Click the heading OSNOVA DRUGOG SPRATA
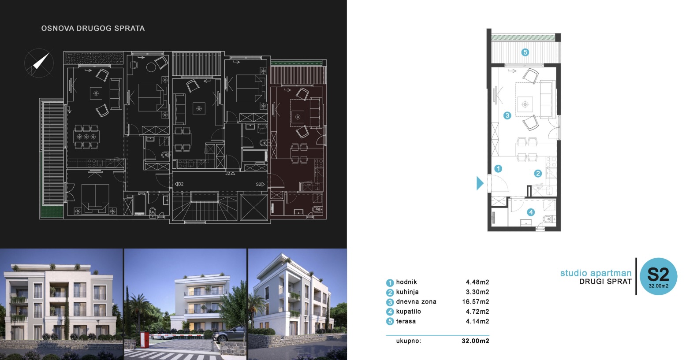(x=93, y=28)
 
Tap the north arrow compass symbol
(x=39, y=63)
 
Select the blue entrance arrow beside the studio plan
(x=480, y=183)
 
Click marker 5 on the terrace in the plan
(x=525, y=52)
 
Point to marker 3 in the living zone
(x=507, y=115)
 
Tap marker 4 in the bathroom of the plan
(x=531, y=212)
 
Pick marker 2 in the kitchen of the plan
(x=537, y=174)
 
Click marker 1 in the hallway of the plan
(x=498, y=168)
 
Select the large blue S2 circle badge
(x=658, y=276)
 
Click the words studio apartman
(x=596, y=273)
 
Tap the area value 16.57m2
(x=475, y=302)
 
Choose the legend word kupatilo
(x=408, y=312)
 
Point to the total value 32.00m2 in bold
(x=475, y=341)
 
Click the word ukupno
(x=408, y=341)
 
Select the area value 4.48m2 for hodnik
(x=477, y=282)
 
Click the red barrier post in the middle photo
(x=143, y=339)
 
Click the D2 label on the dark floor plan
(x=179, y=184)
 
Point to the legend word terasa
(x=406, y=321)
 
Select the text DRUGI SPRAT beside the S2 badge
(x=605, y=282)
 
